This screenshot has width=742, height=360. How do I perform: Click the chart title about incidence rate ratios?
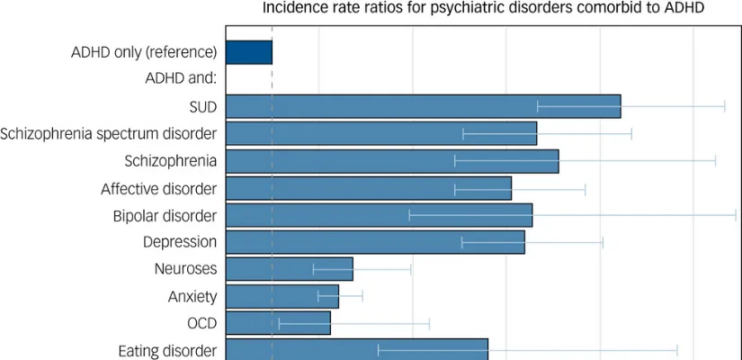tap(483, 8)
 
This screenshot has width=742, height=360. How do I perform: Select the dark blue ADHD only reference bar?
tap(248, 52)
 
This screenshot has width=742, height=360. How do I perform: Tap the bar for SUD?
tap(423, 106)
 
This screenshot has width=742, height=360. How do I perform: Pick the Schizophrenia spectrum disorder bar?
tap(380, 133)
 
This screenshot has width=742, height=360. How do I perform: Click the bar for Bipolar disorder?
tap(379, 215)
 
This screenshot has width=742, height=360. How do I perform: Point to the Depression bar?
tap(375, 242)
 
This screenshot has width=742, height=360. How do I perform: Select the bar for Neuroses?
tap(289, 269)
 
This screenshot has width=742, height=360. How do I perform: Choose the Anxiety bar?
tap(282, 296)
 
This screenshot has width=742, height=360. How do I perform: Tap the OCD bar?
tap(278, 323)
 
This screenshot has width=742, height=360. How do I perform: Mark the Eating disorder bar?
tap(356, 349)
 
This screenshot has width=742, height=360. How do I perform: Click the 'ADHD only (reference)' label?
tap(144, 51)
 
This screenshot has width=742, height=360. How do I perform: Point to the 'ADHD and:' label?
tap(181, 78)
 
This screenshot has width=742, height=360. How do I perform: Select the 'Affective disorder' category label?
tap(158, 188)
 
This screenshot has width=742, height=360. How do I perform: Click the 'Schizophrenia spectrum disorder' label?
tap(108, 134)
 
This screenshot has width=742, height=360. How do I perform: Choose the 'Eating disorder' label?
tap(167, 350)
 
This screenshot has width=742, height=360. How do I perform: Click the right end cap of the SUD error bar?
tap(725, 106)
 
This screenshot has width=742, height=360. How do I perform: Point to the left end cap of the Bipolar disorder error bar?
tap(409, 215)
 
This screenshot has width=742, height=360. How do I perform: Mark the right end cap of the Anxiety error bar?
tap(362, 296)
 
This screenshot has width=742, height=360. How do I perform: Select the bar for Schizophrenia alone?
tap(391, 161)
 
